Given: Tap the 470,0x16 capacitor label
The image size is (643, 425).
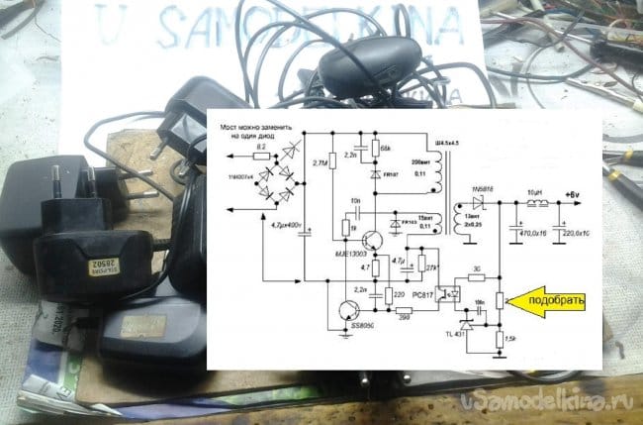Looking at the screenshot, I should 533,234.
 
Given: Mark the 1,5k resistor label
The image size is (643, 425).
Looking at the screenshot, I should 508,340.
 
